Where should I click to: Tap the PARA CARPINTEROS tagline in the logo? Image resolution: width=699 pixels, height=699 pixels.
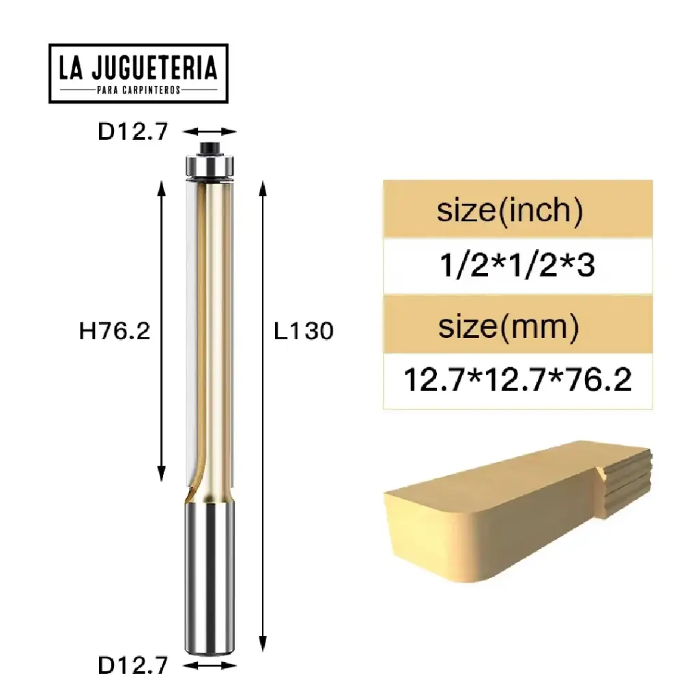(138, 90)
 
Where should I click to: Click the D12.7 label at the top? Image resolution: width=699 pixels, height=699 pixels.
(132, 132)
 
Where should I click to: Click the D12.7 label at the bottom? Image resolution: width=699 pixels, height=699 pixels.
(132, 666)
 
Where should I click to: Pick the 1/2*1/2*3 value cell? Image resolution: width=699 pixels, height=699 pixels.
(517, 266)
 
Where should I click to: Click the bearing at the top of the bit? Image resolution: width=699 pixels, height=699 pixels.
(211, 165)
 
